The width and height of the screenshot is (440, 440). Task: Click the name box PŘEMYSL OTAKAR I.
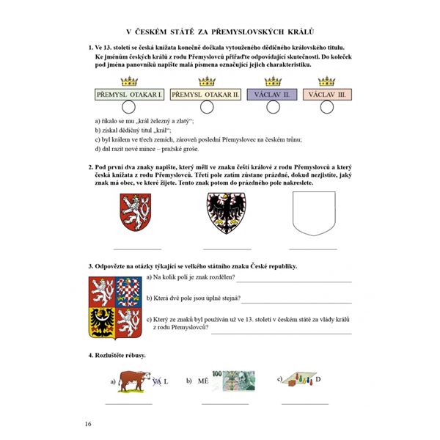click(x=129, y=95)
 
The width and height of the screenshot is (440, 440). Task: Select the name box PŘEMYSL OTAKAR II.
click(x=206, y=95)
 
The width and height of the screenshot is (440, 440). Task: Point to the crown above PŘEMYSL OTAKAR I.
click(x=129, y=81)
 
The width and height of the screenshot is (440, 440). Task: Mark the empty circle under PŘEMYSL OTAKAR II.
click(x=206, y=108)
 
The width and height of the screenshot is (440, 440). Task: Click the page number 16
click(x=89, y=424)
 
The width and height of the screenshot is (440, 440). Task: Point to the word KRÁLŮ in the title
click(x=298, y=31)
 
